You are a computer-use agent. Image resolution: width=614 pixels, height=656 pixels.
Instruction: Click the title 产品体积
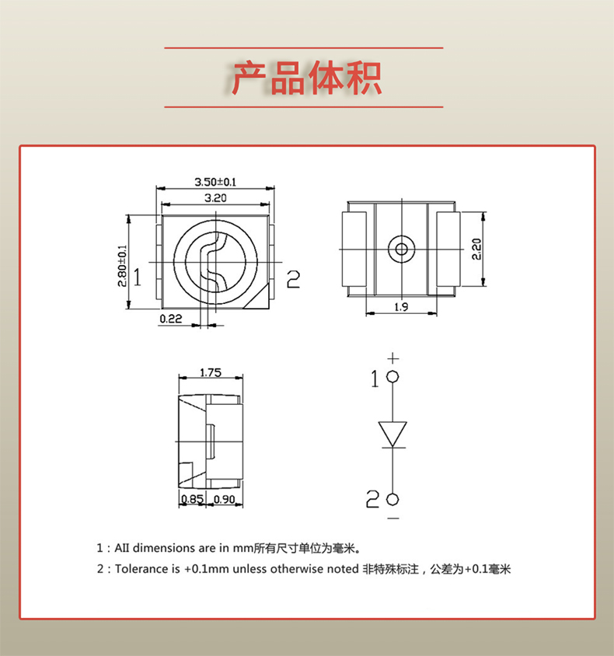306,78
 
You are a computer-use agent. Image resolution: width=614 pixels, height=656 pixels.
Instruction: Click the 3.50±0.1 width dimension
215,182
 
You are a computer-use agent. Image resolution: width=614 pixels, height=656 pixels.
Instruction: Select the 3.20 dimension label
215,198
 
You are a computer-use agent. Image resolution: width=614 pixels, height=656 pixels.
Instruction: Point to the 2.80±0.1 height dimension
122,267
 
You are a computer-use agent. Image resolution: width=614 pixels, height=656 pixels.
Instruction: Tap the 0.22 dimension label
170,319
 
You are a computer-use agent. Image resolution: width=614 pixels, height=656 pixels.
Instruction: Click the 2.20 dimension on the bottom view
477,248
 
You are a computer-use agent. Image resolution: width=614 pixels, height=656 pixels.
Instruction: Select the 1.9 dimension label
401,307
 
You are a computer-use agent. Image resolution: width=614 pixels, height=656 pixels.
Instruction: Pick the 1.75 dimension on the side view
211,372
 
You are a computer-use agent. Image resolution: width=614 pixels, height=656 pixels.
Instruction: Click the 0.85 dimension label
192,499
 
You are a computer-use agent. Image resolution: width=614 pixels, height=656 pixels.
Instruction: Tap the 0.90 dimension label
224,499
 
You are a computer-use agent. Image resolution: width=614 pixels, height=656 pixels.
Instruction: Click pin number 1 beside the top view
137,277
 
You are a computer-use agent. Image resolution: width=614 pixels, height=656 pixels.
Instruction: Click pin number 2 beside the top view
293,278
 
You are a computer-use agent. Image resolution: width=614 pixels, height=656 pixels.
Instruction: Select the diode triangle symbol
393,434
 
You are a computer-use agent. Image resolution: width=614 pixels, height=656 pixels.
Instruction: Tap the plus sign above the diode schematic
393,358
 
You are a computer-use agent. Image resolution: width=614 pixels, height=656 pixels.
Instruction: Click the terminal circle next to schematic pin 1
393,377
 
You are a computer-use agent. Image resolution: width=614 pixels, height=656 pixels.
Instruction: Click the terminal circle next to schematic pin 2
393,498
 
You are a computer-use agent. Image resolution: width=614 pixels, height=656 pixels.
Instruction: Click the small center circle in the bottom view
401,249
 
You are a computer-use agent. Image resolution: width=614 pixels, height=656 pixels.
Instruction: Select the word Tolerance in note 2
141,569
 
